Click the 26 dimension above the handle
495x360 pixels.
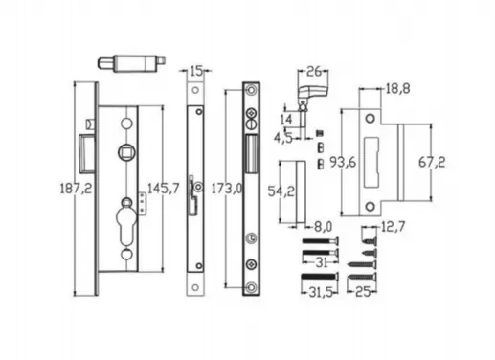[312, 71]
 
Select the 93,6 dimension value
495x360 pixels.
[342, 163]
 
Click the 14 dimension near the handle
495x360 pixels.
[284, 120]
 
